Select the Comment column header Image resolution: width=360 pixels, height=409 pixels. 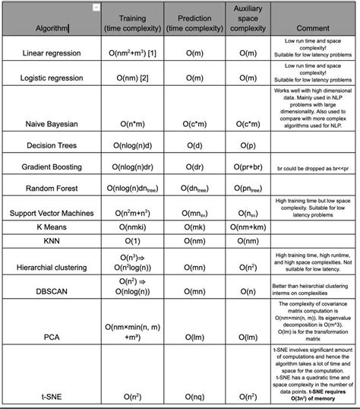click(311, 29)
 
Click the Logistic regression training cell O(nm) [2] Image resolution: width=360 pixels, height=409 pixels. click(133, 78)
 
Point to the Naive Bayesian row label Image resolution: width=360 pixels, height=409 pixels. click(50, 122)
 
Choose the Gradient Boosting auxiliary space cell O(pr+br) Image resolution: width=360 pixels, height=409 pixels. click(245, 166)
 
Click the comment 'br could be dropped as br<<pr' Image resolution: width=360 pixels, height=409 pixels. click(311, 166)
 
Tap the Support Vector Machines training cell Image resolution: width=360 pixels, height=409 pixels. click(133, 214)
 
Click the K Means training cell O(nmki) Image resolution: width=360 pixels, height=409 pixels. click(133, 227)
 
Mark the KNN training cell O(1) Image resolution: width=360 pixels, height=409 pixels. click(133, 240)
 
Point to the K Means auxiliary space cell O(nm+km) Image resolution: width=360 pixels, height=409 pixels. click(245, 227)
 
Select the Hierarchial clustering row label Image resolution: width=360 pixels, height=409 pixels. click(50, 268)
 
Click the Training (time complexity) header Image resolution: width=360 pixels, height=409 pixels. click(133, 23)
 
